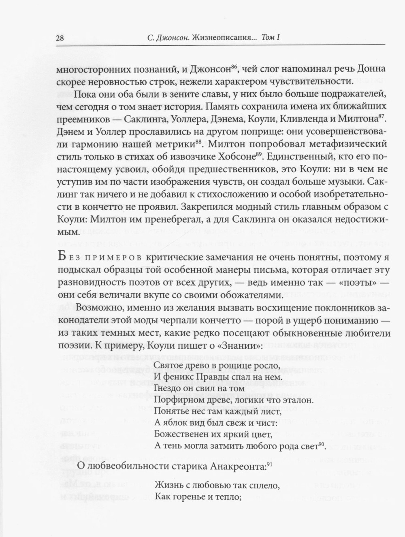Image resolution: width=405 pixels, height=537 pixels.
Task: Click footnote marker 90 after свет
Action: pyautogui.click(x=322, y=444)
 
